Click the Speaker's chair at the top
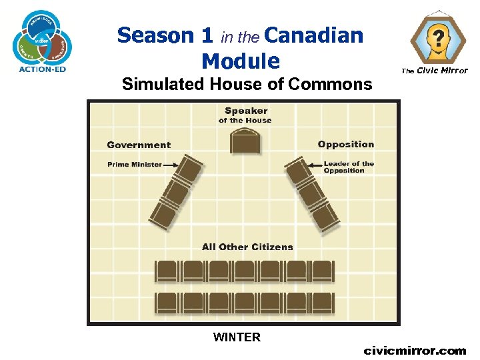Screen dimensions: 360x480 pos(245,141)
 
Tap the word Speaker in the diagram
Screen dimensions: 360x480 pos(246,111)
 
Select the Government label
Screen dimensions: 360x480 pos(139,145)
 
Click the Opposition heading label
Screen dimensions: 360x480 pos(346,144)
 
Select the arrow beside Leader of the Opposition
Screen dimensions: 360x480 pos(315,164)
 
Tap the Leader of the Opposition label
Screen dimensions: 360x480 pos(349,167)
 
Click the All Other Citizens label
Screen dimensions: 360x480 pos(247,247)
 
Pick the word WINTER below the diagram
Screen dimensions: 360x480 pos(237,337)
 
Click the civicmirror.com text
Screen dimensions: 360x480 pos(415,350)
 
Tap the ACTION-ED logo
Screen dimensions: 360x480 pos(42,40)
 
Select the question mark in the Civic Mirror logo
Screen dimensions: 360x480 pos(438,37)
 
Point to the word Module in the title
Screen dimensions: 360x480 pos(240,61)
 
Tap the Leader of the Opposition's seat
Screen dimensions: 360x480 pos(298,169)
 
